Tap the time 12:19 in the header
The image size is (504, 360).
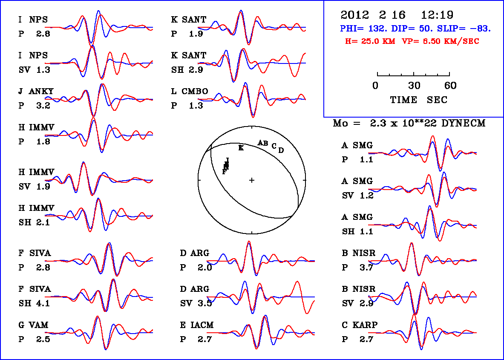(x=437, y=15)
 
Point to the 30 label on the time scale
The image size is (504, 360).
(x=414, y=86)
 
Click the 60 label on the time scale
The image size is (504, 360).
(x=450, y=86)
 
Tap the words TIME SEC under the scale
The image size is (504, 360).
(x=419, y=100)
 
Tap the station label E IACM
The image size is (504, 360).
(x=196, y=325)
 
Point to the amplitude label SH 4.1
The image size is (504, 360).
(x=34, y=304)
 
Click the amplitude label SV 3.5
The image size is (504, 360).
(x=196, y=304)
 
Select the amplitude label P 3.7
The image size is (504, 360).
(x=358, y=268)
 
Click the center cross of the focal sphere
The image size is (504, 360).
(x=252, y=180)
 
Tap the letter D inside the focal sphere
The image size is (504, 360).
(x=281, y=150)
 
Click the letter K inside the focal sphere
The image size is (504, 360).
(x=241, y=148)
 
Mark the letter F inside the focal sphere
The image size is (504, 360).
(x=224, y=172)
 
